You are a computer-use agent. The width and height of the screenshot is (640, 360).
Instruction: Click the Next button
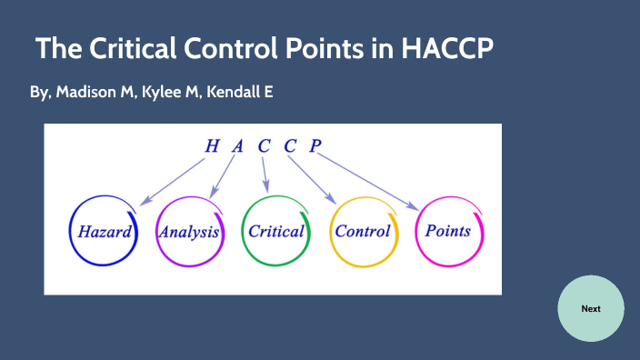[x=591, y=308]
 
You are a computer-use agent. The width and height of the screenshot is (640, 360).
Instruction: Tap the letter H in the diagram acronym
[x=212, y=145]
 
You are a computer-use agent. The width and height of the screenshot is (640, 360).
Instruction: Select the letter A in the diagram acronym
[x=238, y=145]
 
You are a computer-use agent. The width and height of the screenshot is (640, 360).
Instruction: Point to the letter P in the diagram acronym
[x=315, y=145]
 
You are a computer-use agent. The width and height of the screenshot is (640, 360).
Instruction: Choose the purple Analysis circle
[x=189, y=231]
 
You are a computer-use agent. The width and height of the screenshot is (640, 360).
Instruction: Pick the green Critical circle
[x=276, y=231]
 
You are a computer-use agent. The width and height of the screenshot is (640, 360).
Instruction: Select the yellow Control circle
[x=363, y=231]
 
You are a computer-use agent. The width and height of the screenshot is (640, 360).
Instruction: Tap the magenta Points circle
[x=448, y=231]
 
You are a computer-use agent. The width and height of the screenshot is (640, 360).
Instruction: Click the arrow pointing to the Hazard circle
[x=173, y=179]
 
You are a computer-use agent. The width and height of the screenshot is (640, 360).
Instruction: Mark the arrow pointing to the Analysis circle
[x=222, y=176]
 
